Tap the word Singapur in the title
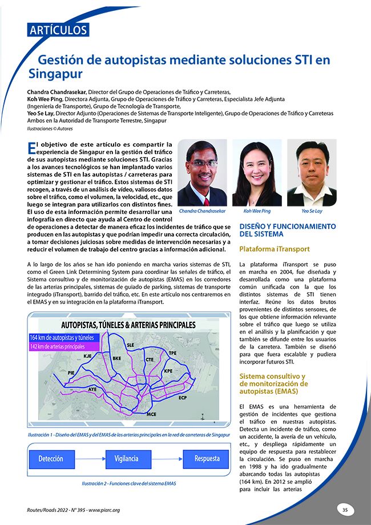56,74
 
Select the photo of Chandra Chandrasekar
202,173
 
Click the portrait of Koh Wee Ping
257,173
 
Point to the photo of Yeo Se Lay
312,173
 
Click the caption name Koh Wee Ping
257,211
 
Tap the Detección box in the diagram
51,459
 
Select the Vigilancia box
126,459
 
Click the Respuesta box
207,459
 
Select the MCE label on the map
151,413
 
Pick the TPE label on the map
172,353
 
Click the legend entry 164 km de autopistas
64,338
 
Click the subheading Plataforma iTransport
275,249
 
